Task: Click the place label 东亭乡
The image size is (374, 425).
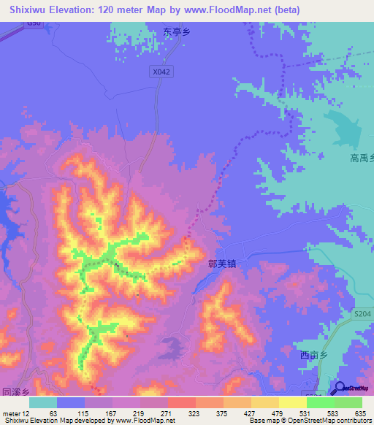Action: tap(177, 32)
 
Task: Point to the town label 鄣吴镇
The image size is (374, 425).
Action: tap(222, 267)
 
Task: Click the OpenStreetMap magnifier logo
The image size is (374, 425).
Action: tap(340, 388)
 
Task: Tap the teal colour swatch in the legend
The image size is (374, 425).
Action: tap(43, 402)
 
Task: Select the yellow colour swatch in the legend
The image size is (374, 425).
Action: tap(292, 402)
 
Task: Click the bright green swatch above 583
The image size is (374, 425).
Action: tap(320, 402)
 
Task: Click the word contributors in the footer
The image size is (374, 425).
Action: tap(348, 421)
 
